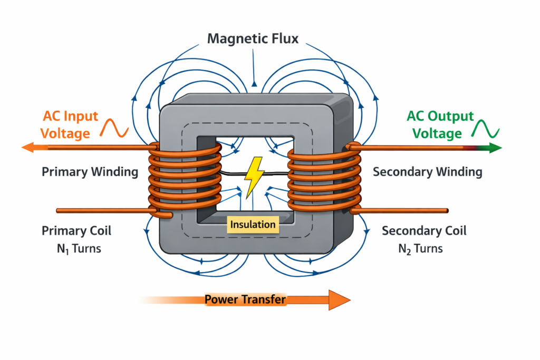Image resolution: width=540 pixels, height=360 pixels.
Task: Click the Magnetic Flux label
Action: [x=253, y=38]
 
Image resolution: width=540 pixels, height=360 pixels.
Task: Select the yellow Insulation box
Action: [x=253, y=225]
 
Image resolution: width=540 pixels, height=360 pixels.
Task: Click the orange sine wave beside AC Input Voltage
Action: [x=114, y=128]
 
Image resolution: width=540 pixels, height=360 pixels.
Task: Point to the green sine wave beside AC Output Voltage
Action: [x=485, y=129]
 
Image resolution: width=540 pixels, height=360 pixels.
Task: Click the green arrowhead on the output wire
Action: [x=494, y=148]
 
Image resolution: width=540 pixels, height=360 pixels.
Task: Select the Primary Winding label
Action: [x=90, y=172]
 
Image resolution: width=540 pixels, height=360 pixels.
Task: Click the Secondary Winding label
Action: [x=427, y=172]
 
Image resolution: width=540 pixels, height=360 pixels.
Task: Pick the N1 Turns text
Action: [x=79, y=248]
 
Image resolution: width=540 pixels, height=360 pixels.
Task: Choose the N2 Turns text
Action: [x=420, y=248]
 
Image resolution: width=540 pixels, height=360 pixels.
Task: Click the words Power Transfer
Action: [x=245, y=299]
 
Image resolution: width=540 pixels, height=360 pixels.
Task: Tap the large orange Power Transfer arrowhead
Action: [x=339, y=300]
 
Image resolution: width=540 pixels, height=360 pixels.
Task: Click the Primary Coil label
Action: [x=76, y=230]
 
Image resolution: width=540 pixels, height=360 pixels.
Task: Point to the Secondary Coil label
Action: [x=424, y=230]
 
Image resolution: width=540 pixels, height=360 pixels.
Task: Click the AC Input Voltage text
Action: [x=69, y=124]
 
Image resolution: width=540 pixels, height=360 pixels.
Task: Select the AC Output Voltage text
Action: [x=440, y=124]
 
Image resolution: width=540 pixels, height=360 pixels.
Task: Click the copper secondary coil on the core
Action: [x=324, y=179]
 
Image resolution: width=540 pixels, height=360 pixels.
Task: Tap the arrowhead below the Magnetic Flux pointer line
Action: [x=254, y=84]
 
